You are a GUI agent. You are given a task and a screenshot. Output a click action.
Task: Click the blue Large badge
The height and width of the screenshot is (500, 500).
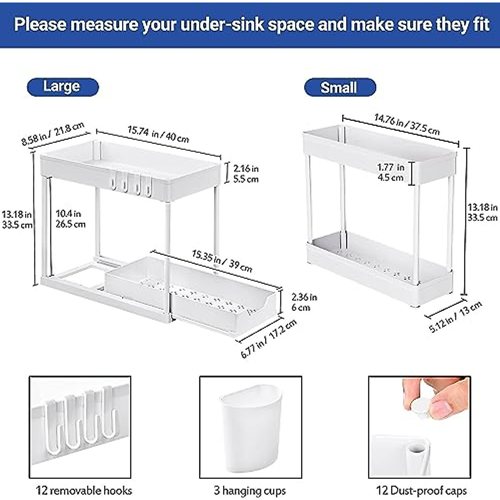click(x=62, y=87)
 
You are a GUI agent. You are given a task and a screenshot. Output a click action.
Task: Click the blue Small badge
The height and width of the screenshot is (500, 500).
click(x=340, y=88)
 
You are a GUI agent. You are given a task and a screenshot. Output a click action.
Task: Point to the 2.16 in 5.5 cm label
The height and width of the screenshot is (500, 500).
click(x=246, y=174)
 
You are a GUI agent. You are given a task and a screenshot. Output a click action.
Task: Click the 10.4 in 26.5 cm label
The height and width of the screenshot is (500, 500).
click(x=70, y=219)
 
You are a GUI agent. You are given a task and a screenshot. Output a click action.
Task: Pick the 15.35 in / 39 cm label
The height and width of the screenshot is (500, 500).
click(x=222, y=261)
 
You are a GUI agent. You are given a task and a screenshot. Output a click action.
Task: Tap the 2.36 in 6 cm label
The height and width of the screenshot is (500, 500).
click(x=304, y=302)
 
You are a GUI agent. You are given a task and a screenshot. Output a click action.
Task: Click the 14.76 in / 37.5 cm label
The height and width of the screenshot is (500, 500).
click(x=407, y=124)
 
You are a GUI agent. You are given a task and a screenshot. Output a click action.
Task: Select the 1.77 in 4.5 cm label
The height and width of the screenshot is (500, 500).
click(x=390, y=172)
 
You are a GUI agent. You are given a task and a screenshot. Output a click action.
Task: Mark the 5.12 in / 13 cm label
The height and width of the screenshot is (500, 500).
click(x=455, y=316)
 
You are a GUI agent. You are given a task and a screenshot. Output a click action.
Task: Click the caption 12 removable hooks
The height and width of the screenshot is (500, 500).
click(x=84, y=490)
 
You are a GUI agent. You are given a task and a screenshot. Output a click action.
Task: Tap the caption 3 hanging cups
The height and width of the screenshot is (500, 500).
click(x=250, y=490)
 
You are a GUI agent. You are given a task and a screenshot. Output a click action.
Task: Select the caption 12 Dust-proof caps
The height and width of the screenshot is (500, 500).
click(x=421, y=490)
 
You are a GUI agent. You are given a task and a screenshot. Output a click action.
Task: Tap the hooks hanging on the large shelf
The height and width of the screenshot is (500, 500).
click(x=131, y=185)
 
